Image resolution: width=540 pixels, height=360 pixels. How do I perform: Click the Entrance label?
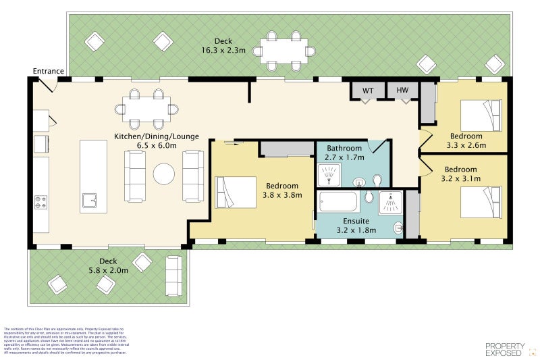click(x=48, y=71)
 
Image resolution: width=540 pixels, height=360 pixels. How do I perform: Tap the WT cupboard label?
click(x=368, y=90)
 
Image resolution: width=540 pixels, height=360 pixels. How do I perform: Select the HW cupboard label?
click(x=403, y=90)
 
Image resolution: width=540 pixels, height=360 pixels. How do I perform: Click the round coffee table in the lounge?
click(x=164, y=175)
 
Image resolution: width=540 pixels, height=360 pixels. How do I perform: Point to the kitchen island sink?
click(x=90, y=199)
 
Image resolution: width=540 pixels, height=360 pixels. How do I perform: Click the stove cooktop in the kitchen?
click(x=41, y=202)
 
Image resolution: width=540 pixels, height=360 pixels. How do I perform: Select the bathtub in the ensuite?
click(x=339, y=202)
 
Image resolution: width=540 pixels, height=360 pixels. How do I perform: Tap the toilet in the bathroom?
click(x=377, y=180)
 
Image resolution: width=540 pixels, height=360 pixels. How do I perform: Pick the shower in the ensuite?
click(x=389, y=202)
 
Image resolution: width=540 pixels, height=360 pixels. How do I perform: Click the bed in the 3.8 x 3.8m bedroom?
click(x=236, y=192)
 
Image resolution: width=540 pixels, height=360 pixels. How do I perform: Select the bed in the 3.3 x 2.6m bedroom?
click(x=481, y=115)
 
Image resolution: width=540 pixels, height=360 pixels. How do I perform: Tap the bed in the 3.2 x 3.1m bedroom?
click(x=481, y=202)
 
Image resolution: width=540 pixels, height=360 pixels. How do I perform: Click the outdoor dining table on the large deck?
click(x=284, y=51)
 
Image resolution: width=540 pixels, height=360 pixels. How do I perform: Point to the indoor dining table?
click(x=146, y=109)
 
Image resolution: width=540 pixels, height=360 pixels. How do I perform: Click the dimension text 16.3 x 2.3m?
click(x=223, y=51)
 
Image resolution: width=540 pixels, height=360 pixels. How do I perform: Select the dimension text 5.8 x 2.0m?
click(x=108, y=271)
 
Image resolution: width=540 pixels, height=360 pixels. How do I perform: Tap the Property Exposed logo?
click(x=504, y=349)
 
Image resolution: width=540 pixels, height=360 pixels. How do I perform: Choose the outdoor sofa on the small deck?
click(x=173, y=276)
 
